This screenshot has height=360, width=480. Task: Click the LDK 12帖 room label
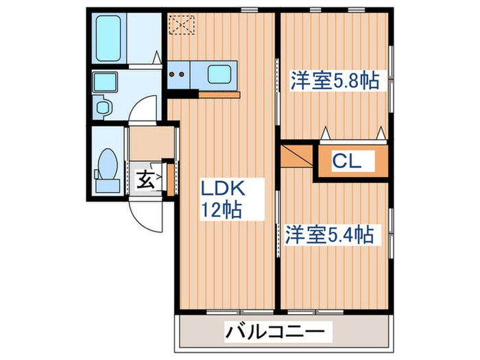(221, 199)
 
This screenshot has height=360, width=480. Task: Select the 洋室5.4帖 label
(329, 235)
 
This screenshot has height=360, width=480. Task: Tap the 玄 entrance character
(145, 181)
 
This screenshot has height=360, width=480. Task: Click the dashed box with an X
(182, 24)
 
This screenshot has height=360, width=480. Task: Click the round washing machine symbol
(104, 108)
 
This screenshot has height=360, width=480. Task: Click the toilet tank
(106, 184)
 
